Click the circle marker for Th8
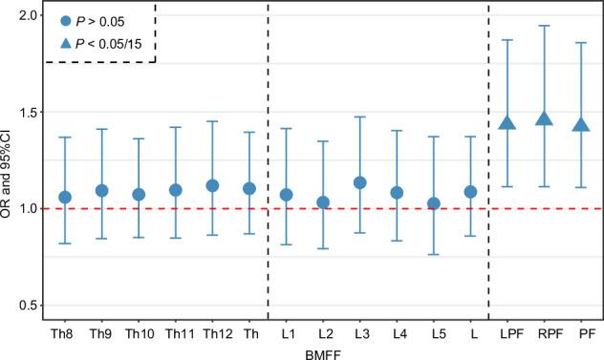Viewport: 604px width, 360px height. pyautogui.click(x=65, y=197)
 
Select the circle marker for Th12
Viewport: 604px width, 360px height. pyautogui.click(x=212, y=185)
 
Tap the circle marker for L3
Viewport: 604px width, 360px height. pyautogui.click(x=359, y=182)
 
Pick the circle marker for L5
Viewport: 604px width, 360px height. pyautogui.click(x=433, y=203)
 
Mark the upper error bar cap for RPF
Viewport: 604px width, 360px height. pyautogui.click(x=544, y=26)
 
